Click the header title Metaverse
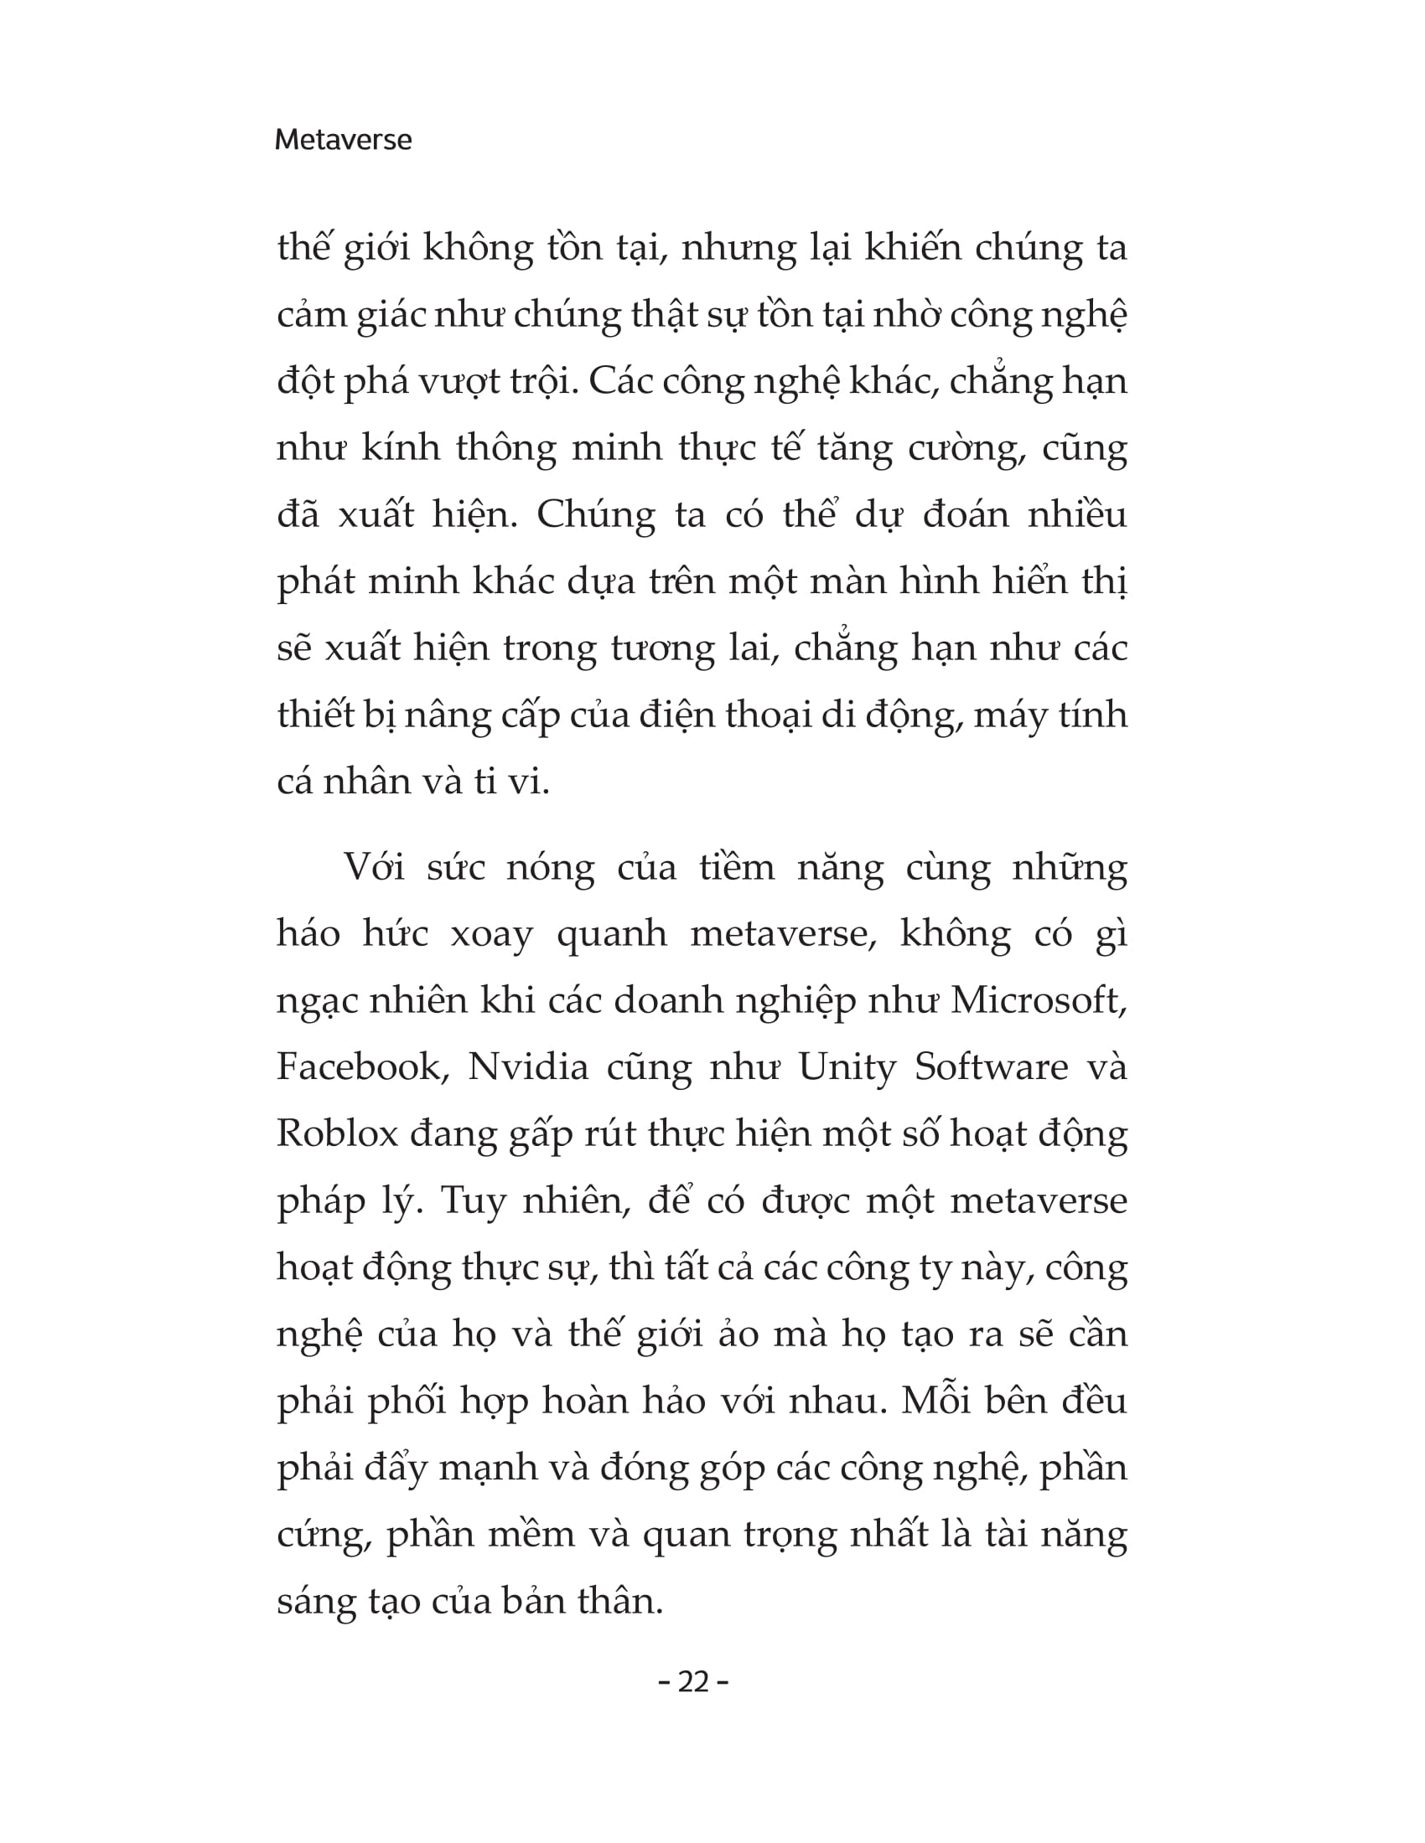tap(343, 139)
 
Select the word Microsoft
tap(1039, 1001)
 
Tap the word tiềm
tap(737, 868)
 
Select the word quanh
tap(611, 934)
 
